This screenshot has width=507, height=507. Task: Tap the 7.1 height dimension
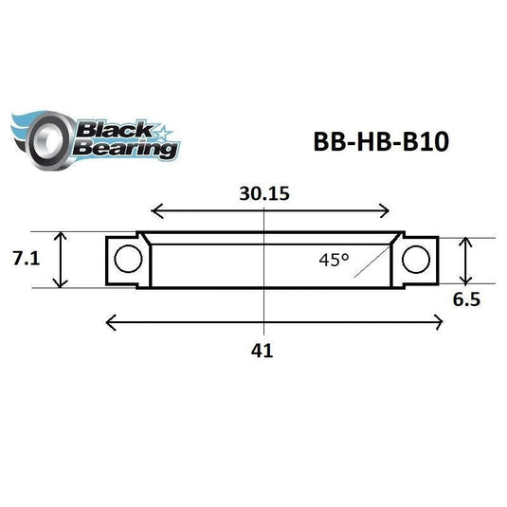pyautogui.click(x=26, y=259)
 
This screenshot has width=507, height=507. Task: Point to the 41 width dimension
pyautogui.click(x=263, y=350)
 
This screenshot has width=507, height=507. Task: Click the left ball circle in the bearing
pyautogui.click(x=127, y=258)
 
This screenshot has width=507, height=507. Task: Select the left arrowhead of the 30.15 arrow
pyautogui.click(x=155, y=211)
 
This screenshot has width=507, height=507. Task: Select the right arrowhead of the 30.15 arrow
pyautogui.click(x=389, y=211)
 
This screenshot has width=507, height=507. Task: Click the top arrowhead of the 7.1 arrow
pyautogui.click(x=63, y=235)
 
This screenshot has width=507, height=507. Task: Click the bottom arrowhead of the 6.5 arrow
pyautogui.click(x=464, y=281)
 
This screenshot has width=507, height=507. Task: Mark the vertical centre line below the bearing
pyautogui.click(x=262, y=308)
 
